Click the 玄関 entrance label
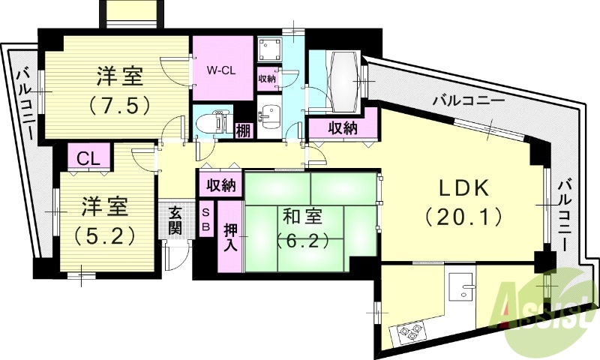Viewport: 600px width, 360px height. point(175,219)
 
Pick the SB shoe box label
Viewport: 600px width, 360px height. point(205,220)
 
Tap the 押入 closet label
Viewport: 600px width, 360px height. point(230,237)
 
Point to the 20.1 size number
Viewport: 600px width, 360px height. point(463,217)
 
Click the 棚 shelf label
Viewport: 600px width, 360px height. point(244,130)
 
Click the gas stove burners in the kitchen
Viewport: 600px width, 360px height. point(408,330)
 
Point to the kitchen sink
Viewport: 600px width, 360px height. point(459,285)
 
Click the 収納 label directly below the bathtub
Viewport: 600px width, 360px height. point(343,128)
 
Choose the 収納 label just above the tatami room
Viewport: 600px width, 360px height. point(221,184)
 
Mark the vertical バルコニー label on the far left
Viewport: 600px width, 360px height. point(24,105)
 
